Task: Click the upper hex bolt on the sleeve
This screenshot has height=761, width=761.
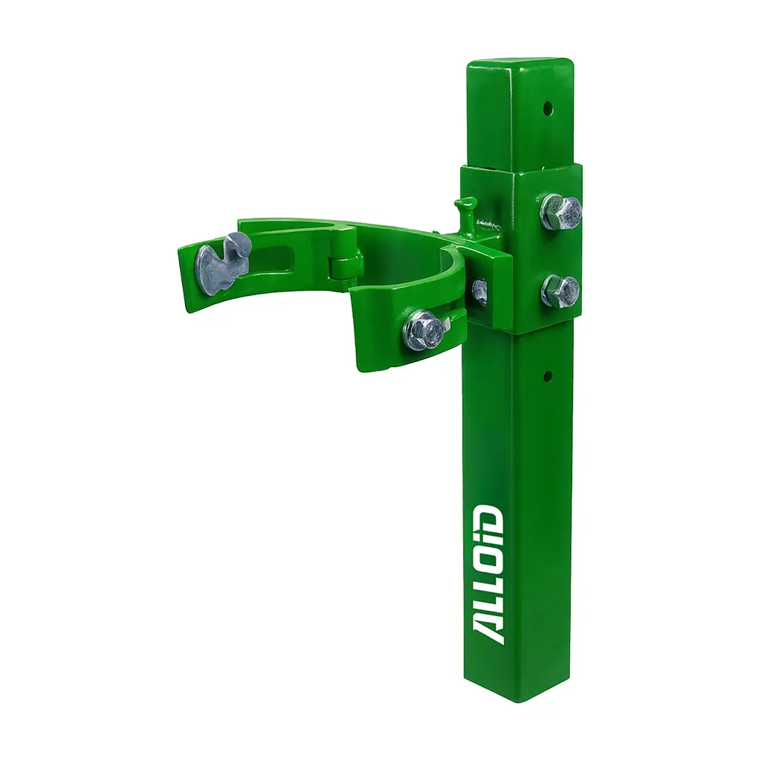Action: [560, 211]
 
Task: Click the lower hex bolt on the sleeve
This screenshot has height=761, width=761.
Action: [560, 291]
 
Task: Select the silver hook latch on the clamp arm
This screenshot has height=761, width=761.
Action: [222, 262]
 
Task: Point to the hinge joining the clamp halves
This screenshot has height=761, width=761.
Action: [346, 261]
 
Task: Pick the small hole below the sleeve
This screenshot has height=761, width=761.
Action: [548, 375]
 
